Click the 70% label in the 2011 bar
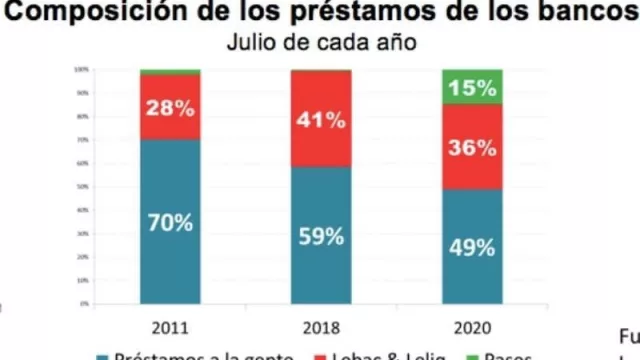(170, 222)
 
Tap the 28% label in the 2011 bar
(170, 107)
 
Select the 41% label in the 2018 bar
(321, 120)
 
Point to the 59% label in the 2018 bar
(321, 237)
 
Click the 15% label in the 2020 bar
(473, 87)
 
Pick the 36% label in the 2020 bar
(473, 147)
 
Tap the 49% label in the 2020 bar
(473, 248)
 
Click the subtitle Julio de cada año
(320, 43)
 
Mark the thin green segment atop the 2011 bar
(170, 72)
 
